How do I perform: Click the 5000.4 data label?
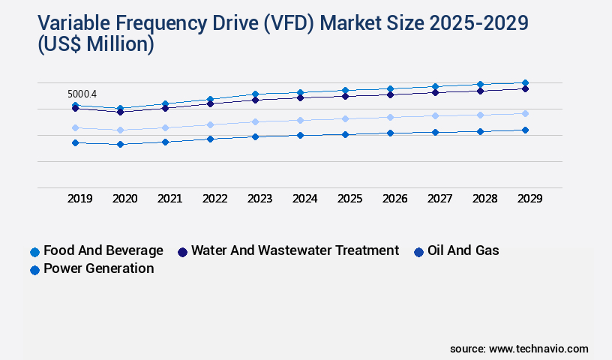82,94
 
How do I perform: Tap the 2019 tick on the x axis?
80,199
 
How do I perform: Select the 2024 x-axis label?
304,199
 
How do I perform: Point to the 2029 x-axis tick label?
529,199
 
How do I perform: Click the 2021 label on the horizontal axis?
169,199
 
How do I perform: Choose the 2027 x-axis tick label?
439,199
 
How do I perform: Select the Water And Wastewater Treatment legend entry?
288,250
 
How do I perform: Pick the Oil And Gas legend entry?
456,250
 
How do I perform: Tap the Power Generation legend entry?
91,268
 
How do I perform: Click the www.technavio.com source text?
538,349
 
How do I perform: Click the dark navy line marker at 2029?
525,88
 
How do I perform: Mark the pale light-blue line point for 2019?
75,127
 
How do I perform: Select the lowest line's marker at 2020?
120,144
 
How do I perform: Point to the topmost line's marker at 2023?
255,94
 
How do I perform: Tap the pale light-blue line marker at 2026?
390,117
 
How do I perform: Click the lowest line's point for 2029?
525,130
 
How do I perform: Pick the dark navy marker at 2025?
345,96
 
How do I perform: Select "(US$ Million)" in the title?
95,44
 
